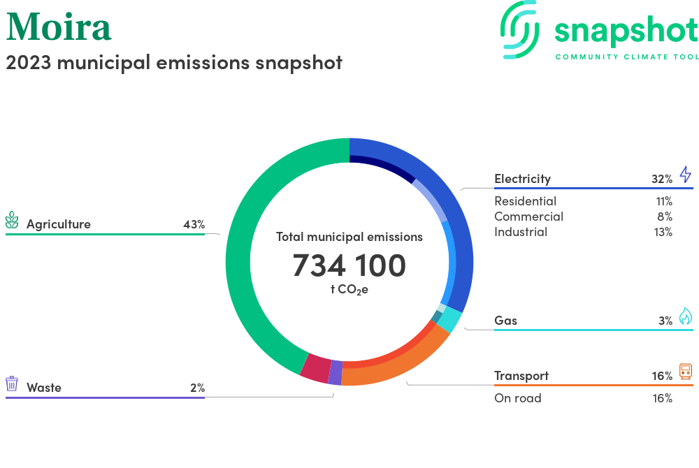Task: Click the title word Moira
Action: pyautogui.click(x=59, y=27)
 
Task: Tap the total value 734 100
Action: pyautogui.click(x=349, y=265)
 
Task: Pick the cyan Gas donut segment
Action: pyautogui.click(x=451, y=319)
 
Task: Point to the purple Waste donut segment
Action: pyautogui.click(x=336, y=372)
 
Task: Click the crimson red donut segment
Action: pyautogui.click(x=315, y=367)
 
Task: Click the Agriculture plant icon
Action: pyautogui.click(x=13, y=220)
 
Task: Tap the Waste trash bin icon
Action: pyautogui.click(x=12, y=383)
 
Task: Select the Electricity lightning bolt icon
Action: pyautogui.click(x=685, y=175)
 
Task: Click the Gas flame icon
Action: pyautogui.click(x=685, y=316)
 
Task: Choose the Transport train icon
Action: pyautogui.click(x=685, y=372)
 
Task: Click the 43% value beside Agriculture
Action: pyautogui.click(x=194, y=225)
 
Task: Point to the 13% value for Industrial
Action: pyautogui.click(x=663, y=232)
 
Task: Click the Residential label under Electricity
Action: pyautogui.click(x=525, y=201)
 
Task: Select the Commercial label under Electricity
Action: pyautogui.click(x=528, y=217)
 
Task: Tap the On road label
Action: pyautogui.click(x=517, y=398)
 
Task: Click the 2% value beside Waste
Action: pyautogui.click(x=197, y=388)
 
